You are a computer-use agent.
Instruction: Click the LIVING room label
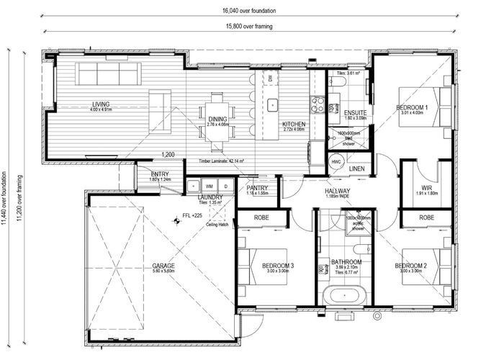[x=91, y=104]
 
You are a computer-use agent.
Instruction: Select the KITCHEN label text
[x=294, y=125]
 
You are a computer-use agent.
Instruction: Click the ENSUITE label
[x=355, y=113]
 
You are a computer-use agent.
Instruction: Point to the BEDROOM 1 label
[x=413, y=108]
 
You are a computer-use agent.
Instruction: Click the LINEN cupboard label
[x=358, y=169]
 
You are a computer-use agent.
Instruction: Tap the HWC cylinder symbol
[x=336, y=162]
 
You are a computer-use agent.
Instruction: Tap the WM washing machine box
[x=209, y=186]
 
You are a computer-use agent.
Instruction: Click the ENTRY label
[x=159, y=174]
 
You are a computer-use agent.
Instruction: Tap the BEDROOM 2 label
[x=412, y=266]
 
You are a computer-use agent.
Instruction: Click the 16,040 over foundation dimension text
[x=251, y=11]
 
